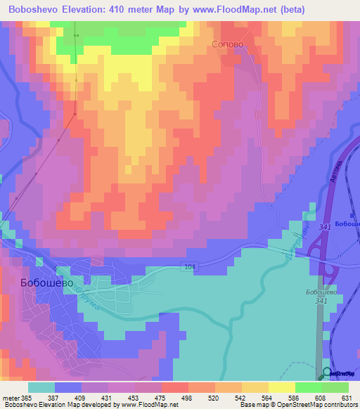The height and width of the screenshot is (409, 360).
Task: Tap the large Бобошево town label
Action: point(43,282)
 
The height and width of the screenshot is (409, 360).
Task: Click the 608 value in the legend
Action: point(319,398)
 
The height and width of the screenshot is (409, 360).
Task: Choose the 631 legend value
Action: point(345,398)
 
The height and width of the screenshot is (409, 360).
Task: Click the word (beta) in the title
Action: point(291,9)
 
